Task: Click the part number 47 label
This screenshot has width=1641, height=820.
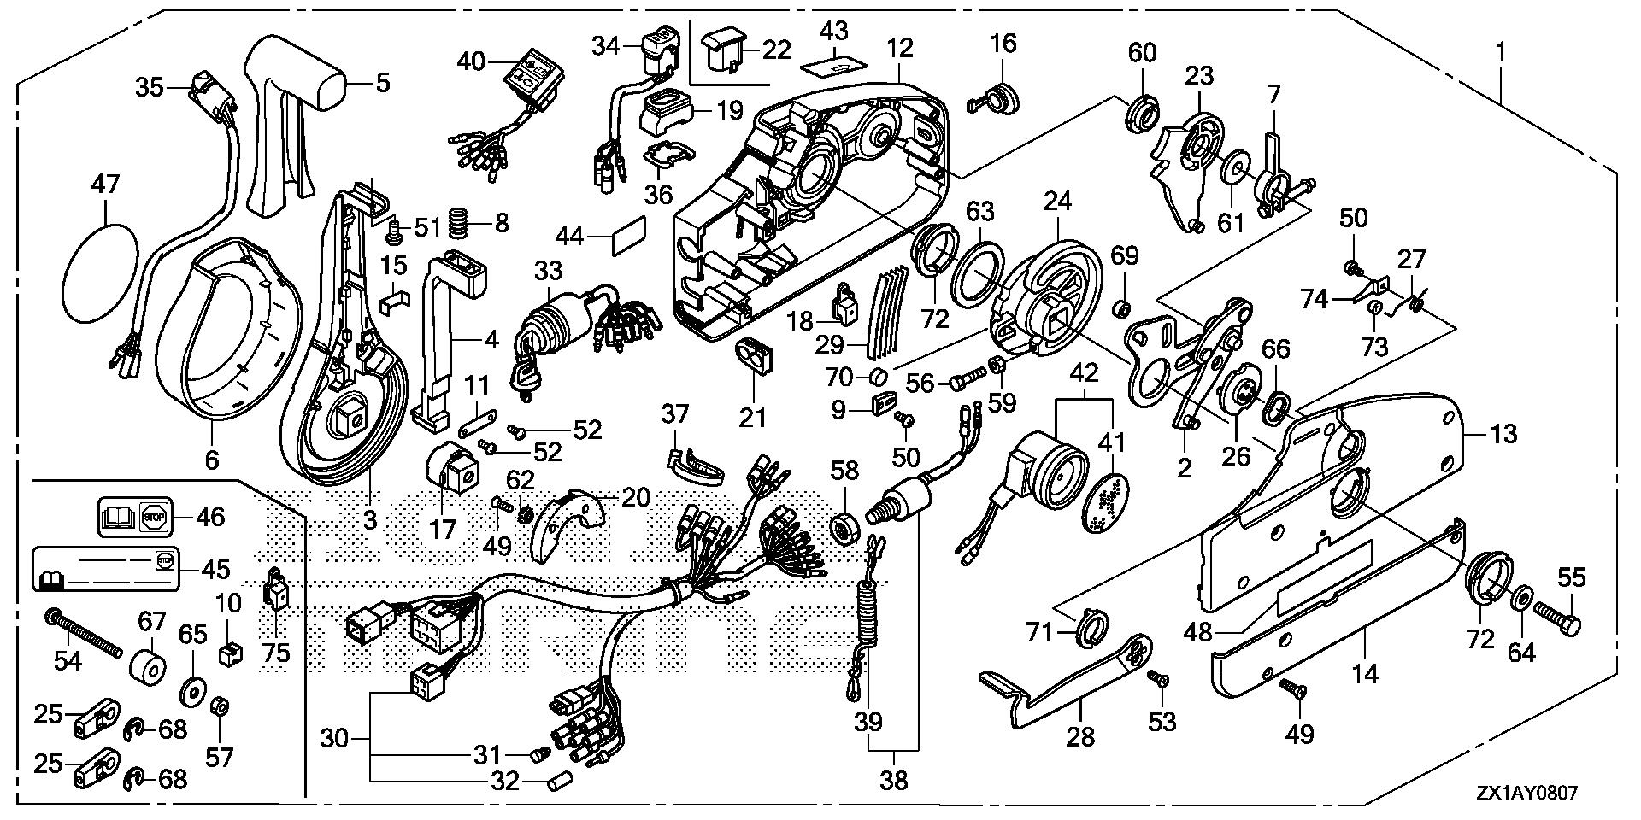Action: point(106,184)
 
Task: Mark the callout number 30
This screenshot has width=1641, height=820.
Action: point(335,736)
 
